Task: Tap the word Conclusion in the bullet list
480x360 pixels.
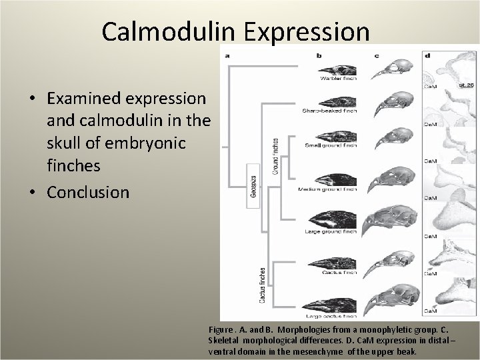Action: click(88, 192)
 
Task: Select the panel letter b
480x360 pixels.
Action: click(319, 55)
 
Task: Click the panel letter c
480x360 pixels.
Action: click(377, 55)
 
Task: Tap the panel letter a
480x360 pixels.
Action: click(228, 55)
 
